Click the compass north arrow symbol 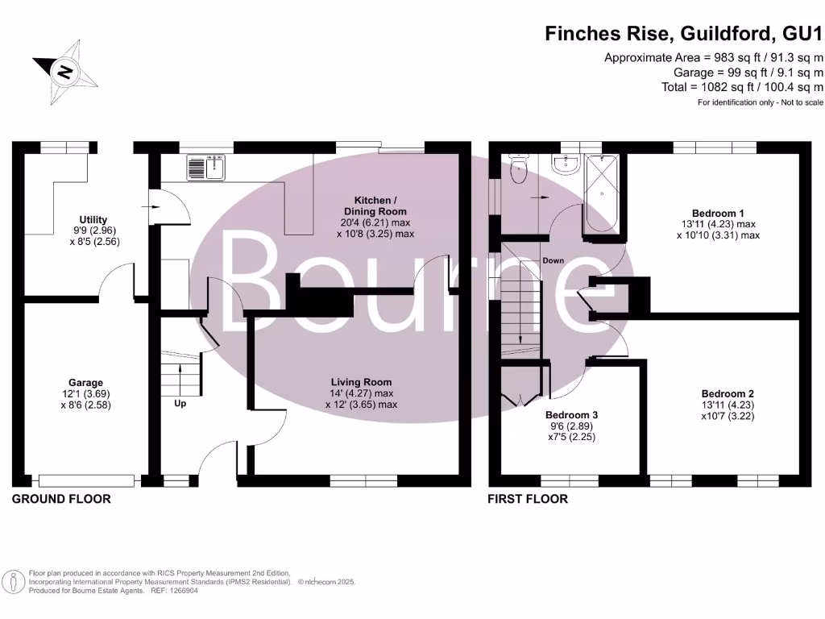click(x=65, y=72)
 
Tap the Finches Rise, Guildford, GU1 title click(x=684, y=34)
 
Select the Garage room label click(x=85, y=383)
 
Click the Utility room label click(x=93, y=219)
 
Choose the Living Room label click(x=361, y=382)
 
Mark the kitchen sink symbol click(x=209, y=167)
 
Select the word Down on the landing click(x=553, y=260)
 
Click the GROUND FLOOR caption click(x=61, y=499)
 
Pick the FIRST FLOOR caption click(x=528, y=499)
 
